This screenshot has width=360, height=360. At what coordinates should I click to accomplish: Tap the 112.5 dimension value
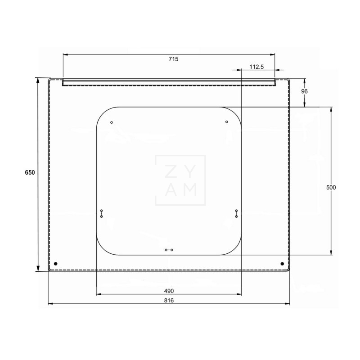coord(256,67)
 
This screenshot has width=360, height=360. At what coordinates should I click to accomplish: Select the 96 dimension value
coord(304,91)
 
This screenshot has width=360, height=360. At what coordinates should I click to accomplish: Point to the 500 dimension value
coord(332,187)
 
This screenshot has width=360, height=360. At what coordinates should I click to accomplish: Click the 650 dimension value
coord(30,173)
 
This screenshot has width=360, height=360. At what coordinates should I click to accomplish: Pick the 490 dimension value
coord(169,290)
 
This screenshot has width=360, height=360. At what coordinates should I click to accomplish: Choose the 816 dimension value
coord(169,300)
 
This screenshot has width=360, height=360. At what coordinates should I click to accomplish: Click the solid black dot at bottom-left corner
coord(55,263)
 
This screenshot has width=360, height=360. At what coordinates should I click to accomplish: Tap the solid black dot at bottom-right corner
coord(282,263)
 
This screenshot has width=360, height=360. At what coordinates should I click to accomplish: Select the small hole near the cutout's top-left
coord(112,122)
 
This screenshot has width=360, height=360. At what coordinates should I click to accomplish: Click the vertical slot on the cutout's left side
coord(102,213)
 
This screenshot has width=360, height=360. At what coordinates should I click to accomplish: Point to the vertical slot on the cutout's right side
coord(236,213)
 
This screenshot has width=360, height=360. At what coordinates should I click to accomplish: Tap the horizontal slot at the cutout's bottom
coord(169,250)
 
